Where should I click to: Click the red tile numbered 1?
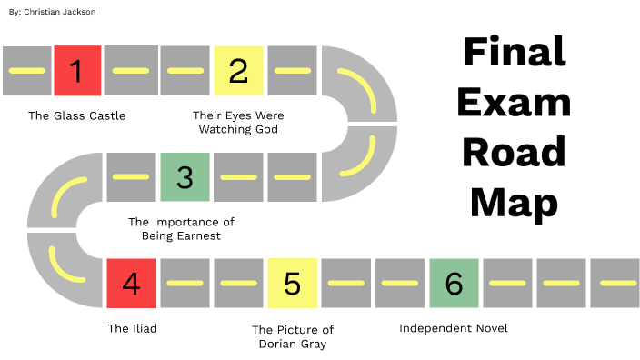(x=77, y=70)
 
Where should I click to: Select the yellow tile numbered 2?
(x=238, y=70)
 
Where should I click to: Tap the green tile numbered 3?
(x=185, y=176)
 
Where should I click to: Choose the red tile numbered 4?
(x=131, y=283)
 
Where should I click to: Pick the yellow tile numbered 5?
(x=292, y=283)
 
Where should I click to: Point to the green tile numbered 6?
(x=454, y=283)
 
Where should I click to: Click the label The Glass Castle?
(x=76, y=115)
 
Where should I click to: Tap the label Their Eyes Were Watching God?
(x=238, y=122)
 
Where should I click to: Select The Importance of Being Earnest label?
(x=181, y=228)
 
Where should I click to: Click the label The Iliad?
(x=132, y=328)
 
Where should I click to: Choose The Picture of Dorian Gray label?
(x=293, y=335)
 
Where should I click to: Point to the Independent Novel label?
(x=454, y=327)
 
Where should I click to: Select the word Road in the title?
(x=514, y=151)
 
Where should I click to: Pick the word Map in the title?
(x=514, y=202)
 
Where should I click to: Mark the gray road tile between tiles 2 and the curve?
(x=292, y=70)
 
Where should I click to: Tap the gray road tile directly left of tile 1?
(x=26, y=70)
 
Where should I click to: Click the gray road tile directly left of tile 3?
(x=131, y=176)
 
